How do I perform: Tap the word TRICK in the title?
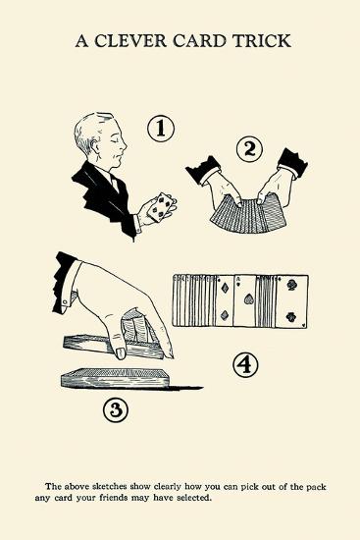(x=262, y=41)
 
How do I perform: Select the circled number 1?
(x=161, y=129)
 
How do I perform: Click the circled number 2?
(x=250, y=149)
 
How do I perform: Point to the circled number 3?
(x=116, y=409)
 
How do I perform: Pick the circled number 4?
(x=245, y=364)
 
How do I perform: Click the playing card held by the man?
(x=160, y=206)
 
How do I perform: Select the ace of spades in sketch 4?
(x=244, y=301)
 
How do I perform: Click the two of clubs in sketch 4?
(x=291, y=301)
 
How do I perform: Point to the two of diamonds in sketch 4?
(x=225, y=301)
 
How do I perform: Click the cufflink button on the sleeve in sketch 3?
(x=65, y=302)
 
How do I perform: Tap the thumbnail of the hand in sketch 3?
(x=121, y=352)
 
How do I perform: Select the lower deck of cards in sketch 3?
(x=116, y=379)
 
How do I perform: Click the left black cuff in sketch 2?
(x=203, y=170)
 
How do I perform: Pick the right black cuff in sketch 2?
(x=293, y=163)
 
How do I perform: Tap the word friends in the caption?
(x=114, y=498)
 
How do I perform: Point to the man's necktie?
(x=114, y=184)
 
